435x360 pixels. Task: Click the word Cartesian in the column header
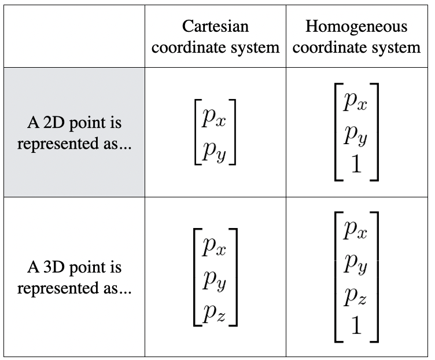coord(215,26)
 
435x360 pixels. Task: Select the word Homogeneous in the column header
coord(356,26)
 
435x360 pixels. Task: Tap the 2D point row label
coord(75,134)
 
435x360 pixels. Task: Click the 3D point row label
coord(75,278)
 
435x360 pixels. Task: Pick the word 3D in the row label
coord(49,268)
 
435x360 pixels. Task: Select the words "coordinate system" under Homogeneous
coord(356,47)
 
